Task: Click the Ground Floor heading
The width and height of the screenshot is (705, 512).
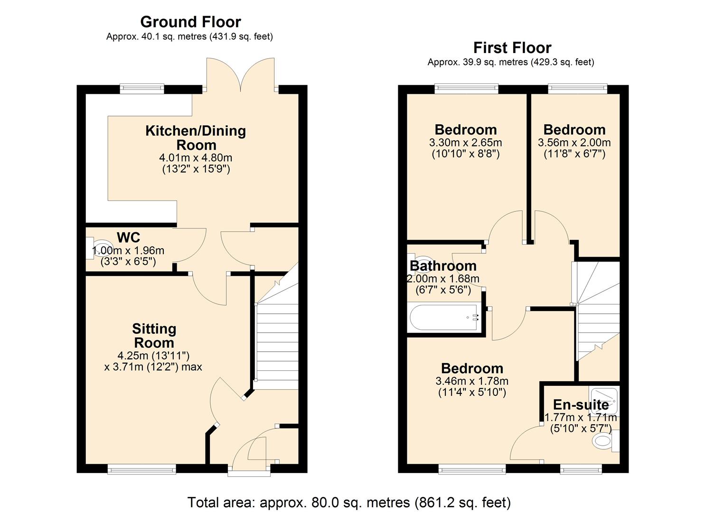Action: [x=190, y=22]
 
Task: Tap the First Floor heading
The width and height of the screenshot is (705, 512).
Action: [x=512, y=47]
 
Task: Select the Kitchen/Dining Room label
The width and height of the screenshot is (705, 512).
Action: [x=196, y=137]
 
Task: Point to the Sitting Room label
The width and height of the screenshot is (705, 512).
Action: [x=154, y=336]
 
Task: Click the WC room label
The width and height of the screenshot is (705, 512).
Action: [x=129, y=237]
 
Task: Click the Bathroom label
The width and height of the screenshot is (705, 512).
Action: [x=443, y=266]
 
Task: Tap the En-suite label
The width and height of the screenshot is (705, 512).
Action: [x=581, y=404]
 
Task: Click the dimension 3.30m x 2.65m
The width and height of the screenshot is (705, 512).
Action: [x=465, y=142]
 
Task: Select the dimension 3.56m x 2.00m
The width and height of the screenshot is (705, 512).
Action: [x=574, y=142]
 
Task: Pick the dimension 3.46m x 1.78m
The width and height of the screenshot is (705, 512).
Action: [x=471, y=381]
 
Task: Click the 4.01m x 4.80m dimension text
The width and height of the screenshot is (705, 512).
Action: [x=196, y=157]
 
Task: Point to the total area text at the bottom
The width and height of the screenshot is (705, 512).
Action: [x=349, y=502]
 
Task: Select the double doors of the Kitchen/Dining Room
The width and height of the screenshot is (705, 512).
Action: [x=241, y=75]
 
